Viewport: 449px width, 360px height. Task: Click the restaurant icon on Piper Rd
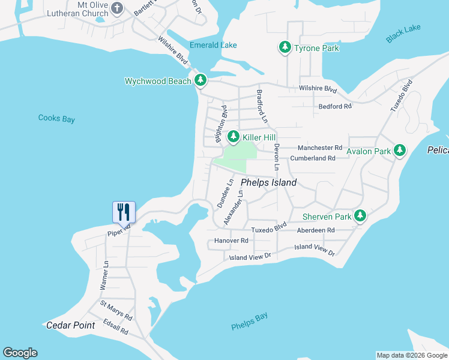point(124,211)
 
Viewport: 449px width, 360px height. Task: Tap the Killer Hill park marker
point(233,137)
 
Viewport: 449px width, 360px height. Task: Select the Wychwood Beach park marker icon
point(200,80)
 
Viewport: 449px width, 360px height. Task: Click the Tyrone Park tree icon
point(285,48)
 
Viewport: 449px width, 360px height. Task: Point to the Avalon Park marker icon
point(400,151)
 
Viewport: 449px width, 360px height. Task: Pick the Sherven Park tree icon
point(360,215)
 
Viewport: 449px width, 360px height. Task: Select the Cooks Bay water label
point(56,119)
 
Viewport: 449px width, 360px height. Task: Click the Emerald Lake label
point(213,45)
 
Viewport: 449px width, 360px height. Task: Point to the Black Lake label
point(403,34)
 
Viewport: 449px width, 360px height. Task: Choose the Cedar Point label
point(70,325)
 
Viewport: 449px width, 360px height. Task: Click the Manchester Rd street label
point(321,148)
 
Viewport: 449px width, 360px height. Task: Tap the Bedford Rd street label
point(335,106)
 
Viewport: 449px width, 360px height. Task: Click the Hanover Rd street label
point(231,241)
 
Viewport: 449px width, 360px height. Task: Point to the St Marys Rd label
point(116,311)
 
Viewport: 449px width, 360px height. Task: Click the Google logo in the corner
point(20,353)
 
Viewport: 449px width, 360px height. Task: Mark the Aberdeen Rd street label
point(315,230)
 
